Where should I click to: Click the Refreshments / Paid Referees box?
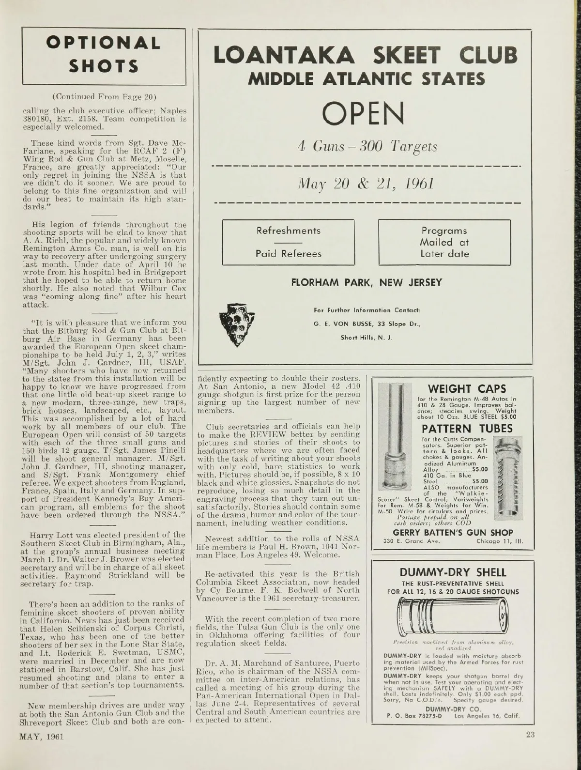pos(289,242)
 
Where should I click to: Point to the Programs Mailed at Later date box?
pos(444,242)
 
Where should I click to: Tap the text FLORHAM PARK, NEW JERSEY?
pos(366,283)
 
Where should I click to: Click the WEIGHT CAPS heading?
pos(467,388)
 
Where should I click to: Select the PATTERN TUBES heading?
pos(467,429)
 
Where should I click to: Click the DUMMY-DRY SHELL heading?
pos(453,572)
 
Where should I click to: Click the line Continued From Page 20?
pos(104,93)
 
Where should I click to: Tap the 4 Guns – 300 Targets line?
pos(367,146)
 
